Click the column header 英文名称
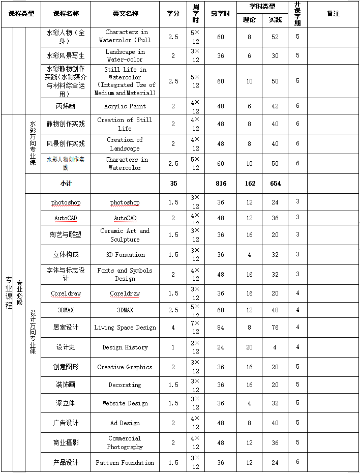[x=125, y=13]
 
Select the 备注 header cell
[x=333, y=13]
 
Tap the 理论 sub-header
[x=249, y=20]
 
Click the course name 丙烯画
[x=66, y=106]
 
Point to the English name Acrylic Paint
[x=125, y=106]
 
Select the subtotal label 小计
[x=66, y=184]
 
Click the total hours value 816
[x=221, y=184]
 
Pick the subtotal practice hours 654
[x=275, y=184]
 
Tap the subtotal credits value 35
[x=173, y=184]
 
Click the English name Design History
[x=125, y=347]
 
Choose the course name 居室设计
[x=66, y=328]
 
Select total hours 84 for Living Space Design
[x=221, y=328]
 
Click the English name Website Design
[x=125, y=403]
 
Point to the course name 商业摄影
[x=66, y=443]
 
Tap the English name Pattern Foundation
[x=125, y=463]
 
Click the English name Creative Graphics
[x=125, y=367]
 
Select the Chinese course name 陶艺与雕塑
[x=66, y=235]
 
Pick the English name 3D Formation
[x=125, y=255]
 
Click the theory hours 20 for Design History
[x=249, y=347]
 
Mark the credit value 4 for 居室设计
[x=173, y=328]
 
